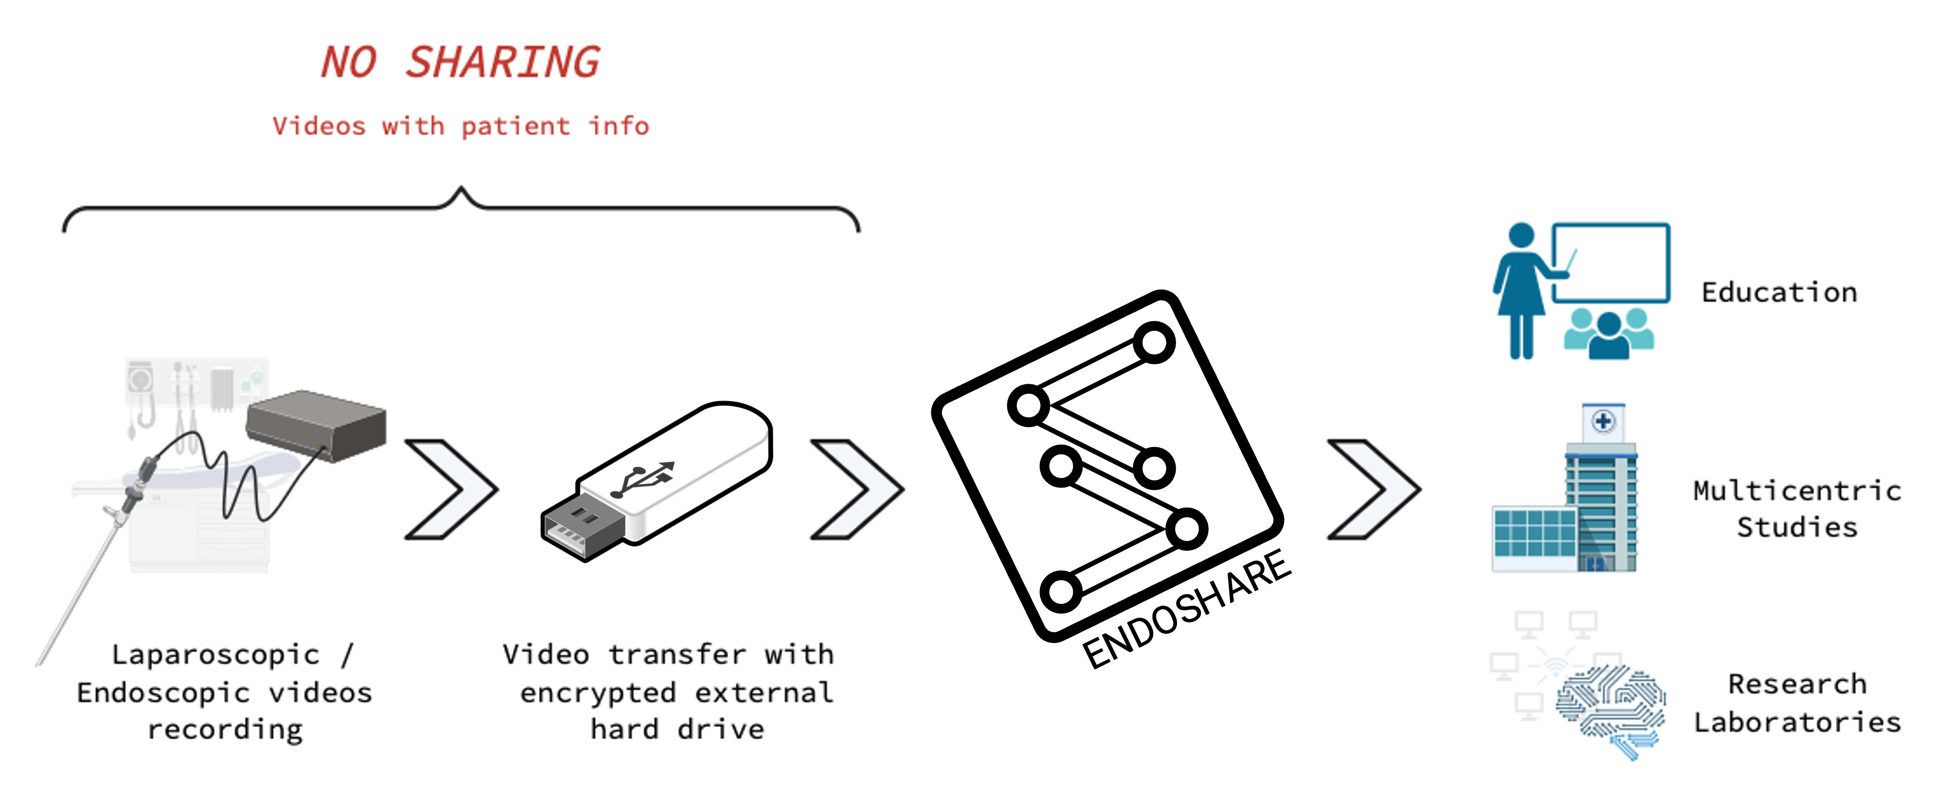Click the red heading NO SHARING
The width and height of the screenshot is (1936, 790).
(460, 61)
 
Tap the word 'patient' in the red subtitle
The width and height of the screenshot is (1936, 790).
(516, 126)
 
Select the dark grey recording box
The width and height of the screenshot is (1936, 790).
(316, 425)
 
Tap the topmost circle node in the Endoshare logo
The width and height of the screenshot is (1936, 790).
(1154, 343)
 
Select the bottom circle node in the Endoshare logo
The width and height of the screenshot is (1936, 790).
(1060, 591)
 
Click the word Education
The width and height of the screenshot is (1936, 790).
(1779, 292)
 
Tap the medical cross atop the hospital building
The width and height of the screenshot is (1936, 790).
(1603, 421)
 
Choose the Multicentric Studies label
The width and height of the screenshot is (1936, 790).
(1797, 509)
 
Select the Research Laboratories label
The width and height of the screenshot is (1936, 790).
(1797, 703)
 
